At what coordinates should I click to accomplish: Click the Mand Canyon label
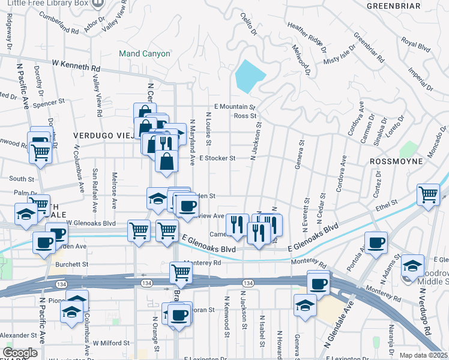pos(144,53)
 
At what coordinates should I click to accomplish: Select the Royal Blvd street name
pos(417,43)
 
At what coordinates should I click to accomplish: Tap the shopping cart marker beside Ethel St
pos(428,194)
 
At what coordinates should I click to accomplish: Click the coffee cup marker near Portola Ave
pos(376,242)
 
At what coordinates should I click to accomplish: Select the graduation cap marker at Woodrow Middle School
pos(412,265)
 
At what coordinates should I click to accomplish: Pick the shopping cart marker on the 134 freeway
pos(181,272)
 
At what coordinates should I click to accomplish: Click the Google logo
pos(20,353)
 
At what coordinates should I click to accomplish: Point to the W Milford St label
pos(110,343)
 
